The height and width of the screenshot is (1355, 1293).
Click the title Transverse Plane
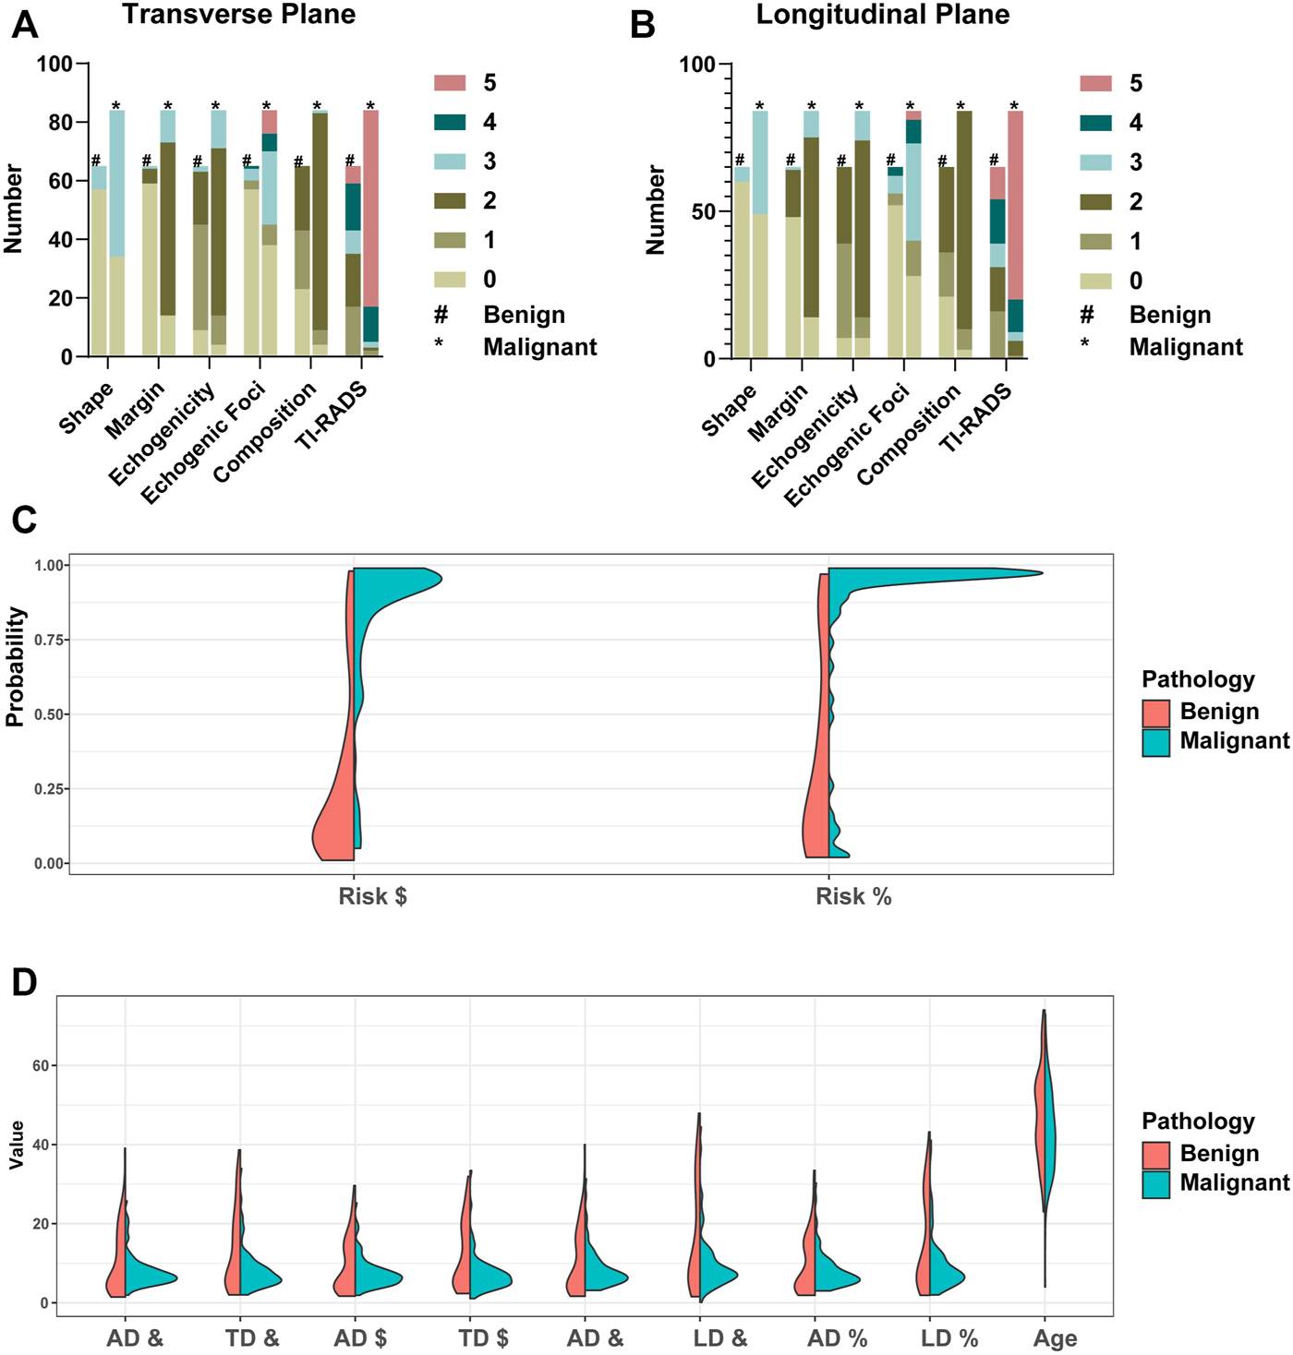[238, 15]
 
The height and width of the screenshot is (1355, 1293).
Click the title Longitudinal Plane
[882, 15]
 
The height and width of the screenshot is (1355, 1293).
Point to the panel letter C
[24, 520]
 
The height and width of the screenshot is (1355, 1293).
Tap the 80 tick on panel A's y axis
[61, 123]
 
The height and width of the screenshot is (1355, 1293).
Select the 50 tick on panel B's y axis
[703, 211]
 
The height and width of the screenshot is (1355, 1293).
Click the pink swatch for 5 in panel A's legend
[450, 83]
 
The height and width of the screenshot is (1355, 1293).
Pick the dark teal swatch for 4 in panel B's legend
[1095, 123]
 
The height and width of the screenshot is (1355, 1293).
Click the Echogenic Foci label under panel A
[205, 443]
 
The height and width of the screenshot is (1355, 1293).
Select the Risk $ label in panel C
[372, 896]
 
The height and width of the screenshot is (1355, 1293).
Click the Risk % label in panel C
[853, 896]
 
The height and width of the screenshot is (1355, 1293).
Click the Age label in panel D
[1055, 1338]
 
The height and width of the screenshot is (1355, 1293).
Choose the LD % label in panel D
[949, 1338]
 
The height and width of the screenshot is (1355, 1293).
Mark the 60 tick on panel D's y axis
[41, 1065]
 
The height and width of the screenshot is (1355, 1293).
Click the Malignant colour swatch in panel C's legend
[1155, 742]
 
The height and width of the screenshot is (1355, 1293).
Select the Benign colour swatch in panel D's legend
[1155, 1155]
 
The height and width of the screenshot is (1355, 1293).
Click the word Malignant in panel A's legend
[539, 347]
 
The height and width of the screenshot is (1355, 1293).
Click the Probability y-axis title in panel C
[15, 666]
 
